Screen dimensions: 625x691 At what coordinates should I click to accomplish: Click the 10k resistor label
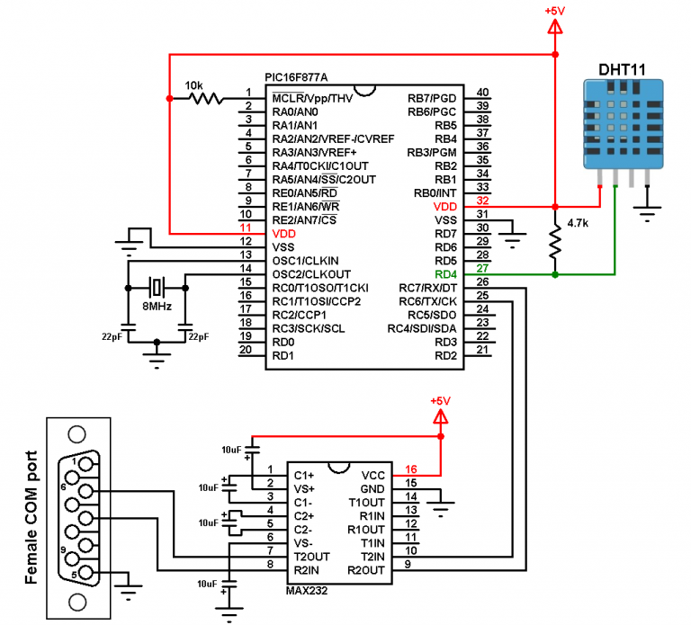(193, 85)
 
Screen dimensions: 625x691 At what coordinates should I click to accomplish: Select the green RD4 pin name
(445, 274)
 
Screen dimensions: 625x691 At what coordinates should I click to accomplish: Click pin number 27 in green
(482, 268)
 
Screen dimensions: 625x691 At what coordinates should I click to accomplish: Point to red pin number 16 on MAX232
(410, 469)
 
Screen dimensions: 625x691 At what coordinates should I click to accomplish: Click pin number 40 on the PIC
(482, 92)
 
